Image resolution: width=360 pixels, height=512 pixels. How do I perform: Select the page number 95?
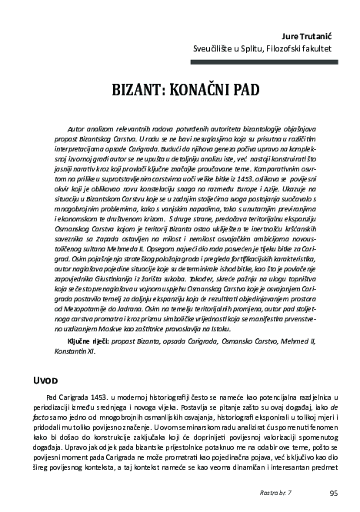(333, 493)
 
